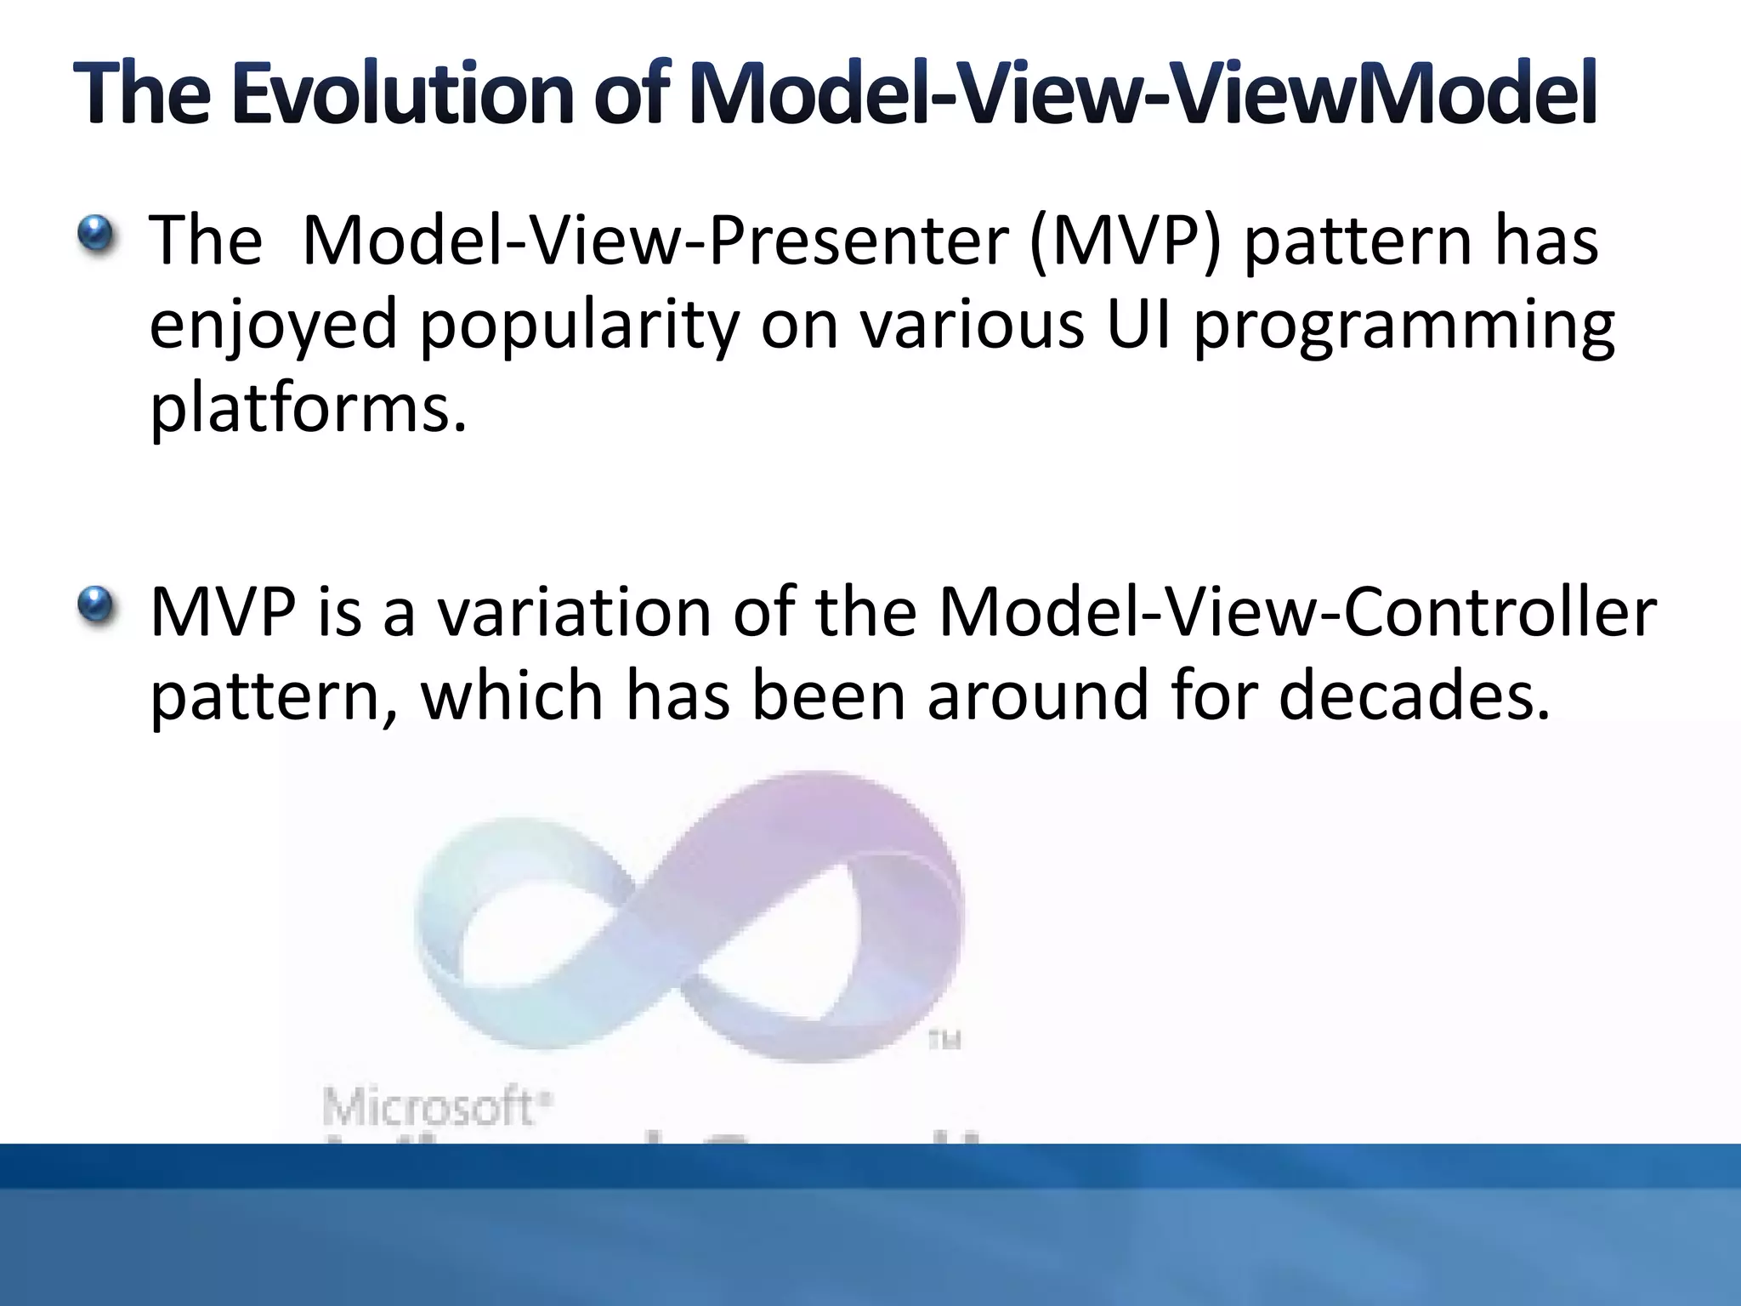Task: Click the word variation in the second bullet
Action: pos(574,612)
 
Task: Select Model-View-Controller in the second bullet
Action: pos(1296,612)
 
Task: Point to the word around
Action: pos(1037,696)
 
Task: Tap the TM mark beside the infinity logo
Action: pos(944,1040)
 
